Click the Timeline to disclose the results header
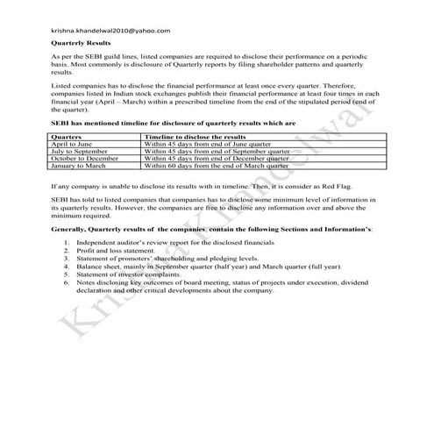[194, 138]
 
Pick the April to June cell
[76, 145]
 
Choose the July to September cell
[83, 151]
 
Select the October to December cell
[89, 158]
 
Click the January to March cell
[82, 164]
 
